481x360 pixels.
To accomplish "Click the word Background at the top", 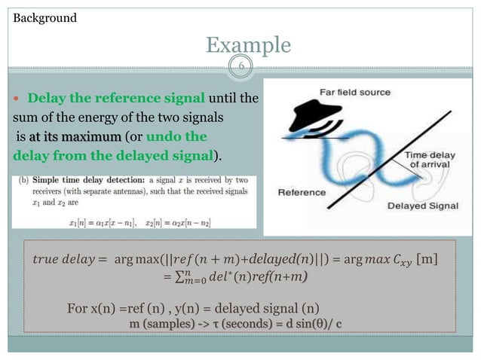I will (45, 17).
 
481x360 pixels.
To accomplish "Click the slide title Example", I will (248, 45).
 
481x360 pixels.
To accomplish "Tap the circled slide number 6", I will (240, 67).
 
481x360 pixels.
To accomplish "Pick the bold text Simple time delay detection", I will (93, 182).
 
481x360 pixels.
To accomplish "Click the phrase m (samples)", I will (160, 325).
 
